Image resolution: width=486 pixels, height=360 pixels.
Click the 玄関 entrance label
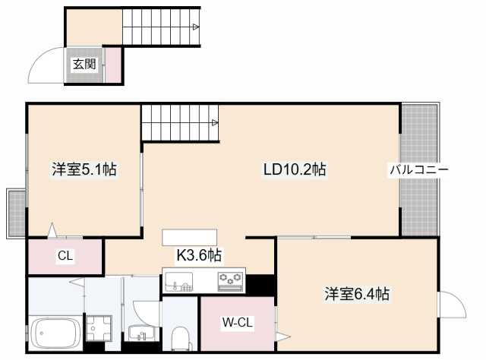(84, 65)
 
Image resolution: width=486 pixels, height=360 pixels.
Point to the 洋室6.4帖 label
(357, 293)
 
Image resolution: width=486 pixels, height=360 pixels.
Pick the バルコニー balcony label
(419, 169)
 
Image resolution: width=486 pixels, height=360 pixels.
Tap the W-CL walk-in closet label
(237, 323)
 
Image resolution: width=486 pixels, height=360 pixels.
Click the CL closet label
(65, 256)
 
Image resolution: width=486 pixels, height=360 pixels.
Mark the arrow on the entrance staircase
(195, 28)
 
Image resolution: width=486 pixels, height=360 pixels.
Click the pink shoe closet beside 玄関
(112, 65)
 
